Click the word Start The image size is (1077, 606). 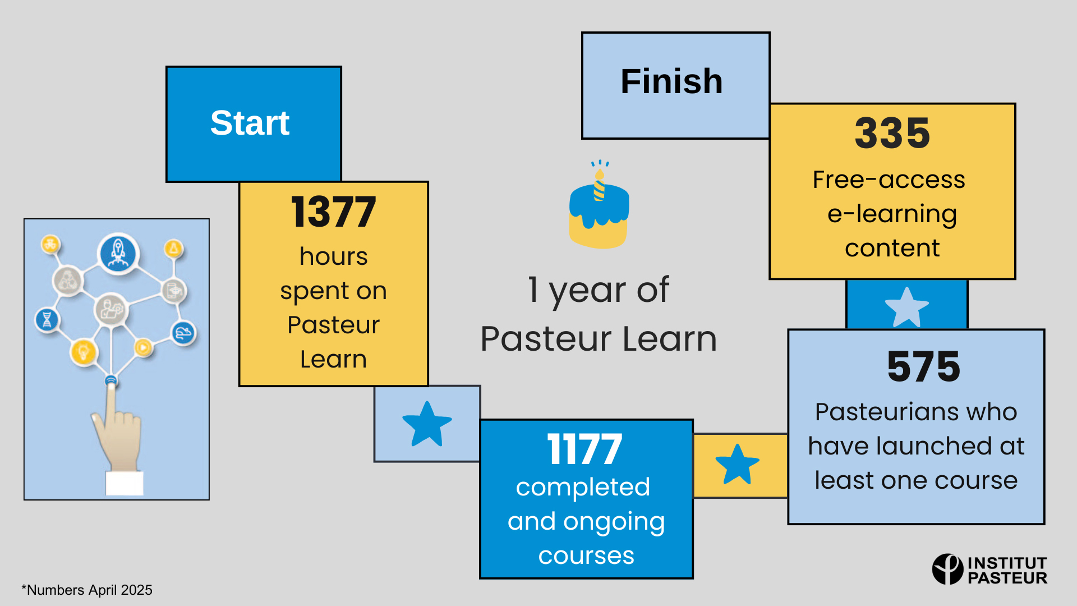click(250, 123)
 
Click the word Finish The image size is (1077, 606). click(671, 81)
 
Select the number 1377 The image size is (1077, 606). click(333, 212)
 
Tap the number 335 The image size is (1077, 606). click(892, 134)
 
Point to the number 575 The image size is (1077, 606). click(923, 366)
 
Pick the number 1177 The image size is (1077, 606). click(584, 449)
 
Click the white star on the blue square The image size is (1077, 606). click(906, 307)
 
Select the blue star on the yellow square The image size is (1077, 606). click(737, 465)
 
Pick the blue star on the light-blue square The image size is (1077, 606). click(427, 424)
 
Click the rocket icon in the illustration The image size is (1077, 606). click(118, 253)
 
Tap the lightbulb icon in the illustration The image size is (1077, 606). click(84, 352)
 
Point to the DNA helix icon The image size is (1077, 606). click(47, 320)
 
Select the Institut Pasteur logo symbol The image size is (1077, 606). click(947, 569)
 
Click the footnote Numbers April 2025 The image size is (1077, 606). click(87, 590)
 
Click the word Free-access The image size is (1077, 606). click(889, 180)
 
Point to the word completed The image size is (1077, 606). click(583, 488)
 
